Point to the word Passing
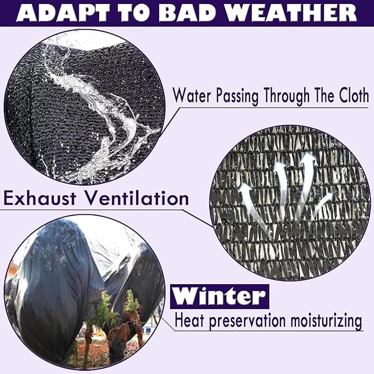(237, 96)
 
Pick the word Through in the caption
(287, 96)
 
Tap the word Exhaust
(40, 198)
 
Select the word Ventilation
(137, 198)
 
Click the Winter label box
(220, 296)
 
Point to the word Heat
(189, 321)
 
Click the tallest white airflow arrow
(306, 181)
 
